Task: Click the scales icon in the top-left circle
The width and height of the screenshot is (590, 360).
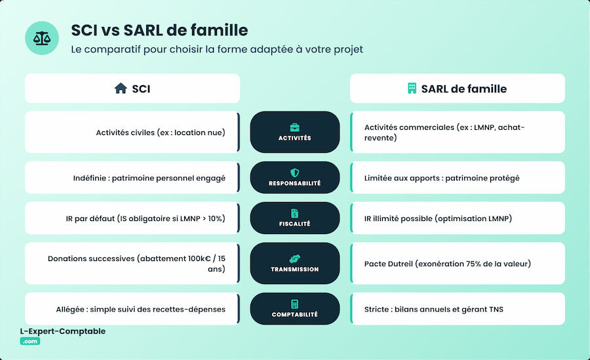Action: pos(42,38)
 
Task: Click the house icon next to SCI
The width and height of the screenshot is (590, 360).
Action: pos(121,89)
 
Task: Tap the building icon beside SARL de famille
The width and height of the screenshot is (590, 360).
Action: pos(412,89)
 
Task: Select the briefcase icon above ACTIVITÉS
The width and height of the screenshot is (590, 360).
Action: pos(295,127)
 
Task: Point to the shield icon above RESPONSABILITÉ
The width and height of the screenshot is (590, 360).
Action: pos(295,172)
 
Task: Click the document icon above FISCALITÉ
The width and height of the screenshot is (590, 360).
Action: pos(295,213)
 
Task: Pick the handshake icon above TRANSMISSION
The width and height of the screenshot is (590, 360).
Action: pos(295,258)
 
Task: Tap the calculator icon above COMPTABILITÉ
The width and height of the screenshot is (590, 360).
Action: pos(295,304)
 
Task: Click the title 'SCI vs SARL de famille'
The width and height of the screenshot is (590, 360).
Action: pos(159,30)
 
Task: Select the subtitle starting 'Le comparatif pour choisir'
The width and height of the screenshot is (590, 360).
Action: pos(216,49)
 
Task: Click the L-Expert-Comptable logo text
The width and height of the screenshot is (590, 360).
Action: pos(63,332)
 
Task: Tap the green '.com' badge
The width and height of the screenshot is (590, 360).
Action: pos(30,341)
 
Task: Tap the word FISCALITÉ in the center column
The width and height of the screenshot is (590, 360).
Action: pos(295,224)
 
